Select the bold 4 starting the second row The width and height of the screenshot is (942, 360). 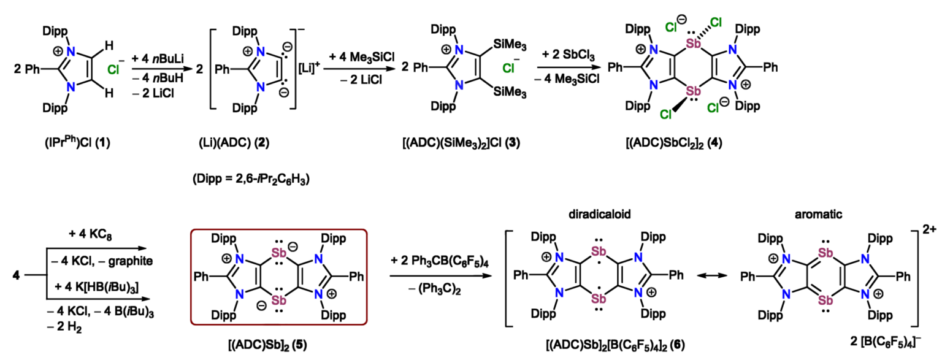point(15,277)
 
